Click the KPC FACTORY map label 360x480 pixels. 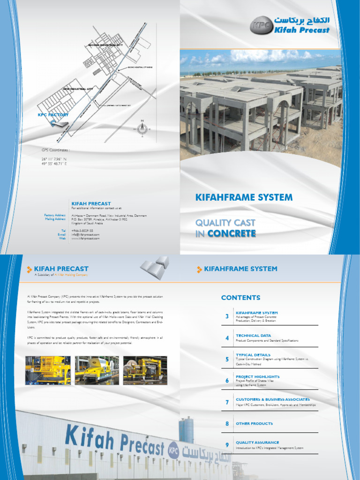tap(53, 115)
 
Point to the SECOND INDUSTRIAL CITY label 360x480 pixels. tap(105, 45)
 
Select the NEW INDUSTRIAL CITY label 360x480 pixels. tap(78, 89)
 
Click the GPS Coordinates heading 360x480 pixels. tap(56, 150)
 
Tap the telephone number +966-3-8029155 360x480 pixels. tap(82, 231)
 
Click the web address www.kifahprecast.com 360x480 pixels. tap(85, 239)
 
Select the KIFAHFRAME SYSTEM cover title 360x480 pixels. tap(244, 197)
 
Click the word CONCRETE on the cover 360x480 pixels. tap(232, 233)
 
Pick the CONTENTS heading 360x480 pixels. tap(240, 298)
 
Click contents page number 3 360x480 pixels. tap(227, 316)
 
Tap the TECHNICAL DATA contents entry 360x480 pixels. tap(253, 336)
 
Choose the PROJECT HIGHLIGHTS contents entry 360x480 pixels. tap(257, 376)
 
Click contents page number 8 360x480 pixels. tap(227, 424)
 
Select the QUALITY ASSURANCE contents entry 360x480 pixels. tap(257, 442)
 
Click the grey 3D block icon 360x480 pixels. tap(154, 268)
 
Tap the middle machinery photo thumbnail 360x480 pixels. tap(97, 370)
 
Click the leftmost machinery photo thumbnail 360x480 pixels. tap(48, 370)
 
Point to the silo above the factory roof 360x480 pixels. tap(186, 429)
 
